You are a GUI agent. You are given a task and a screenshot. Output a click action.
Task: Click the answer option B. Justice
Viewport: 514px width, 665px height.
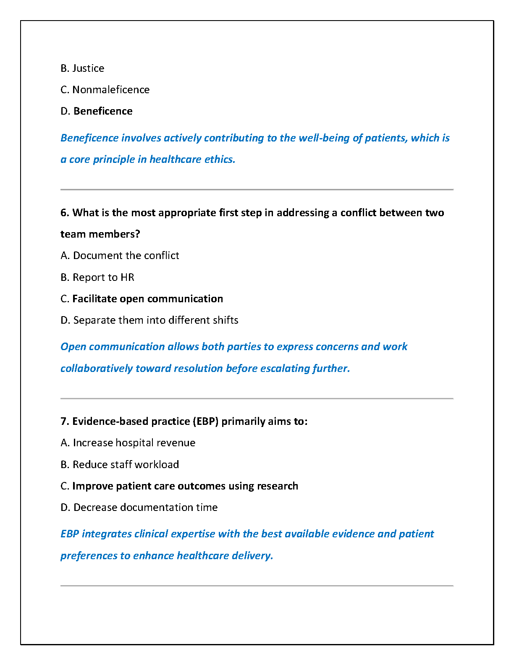(82, 68)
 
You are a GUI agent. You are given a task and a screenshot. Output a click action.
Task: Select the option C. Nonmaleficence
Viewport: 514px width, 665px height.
(105, 89)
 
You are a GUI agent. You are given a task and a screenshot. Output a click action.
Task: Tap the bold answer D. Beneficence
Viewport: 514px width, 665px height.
(97, 111)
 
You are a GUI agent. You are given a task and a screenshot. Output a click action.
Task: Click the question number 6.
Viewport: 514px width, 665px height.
(64, 212)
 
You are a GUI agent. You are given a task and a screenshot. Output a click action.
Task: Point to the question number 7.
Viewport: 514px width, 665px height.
(64, 421)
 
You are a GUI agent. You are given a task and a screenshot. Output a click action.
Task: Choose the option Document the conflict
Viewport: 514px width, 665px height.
(120, 255)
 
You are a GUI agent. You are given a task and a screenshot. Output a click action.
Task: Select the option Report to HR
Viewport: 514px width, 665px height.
(97, 277)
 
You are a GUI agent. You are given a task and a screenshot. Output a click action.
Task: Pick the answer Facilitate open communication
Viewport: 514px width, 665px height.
(142, 298)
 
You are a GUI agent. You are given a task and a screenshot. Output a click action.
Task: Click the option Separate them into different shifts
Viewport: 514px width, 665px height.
(149, 320)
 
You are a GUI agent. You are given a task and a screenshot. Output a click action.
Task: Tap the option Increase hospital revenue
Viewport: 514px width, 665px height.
(128, 442)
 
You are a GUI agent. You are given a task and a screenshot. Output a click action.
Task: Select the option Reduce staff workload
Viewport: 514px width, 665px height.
(120, 464)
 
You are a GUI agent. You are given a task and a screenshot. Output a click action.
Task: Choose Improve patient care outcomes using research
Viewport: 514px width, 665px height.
(179, 486)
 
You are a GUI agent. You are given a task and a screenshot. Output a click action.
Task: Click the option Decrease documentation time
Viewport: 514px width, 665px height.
(139, 507)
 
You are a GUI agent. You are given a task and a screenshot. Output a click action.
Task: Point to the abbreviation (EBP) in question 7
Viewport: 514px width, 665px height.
(205, 421)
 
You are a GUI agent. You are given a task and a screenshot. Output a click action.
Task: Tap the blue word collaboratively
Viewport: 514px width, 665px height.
(97, 368)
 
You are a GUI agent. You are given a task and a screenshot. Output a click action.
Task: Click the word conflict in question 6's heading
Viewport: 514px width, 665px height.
(358, 212)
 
